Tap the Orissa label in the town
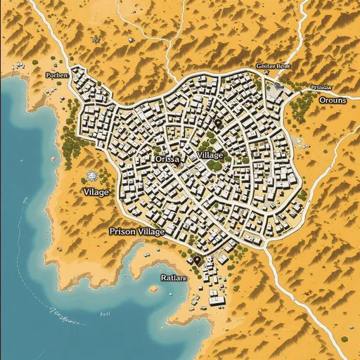(167, 160)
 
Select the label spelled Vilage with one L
(96, 191)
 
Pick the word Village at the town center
(210, 155)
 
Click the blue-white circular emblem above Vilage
(90, 175)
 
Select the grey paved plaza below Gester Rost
(276, 91)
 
